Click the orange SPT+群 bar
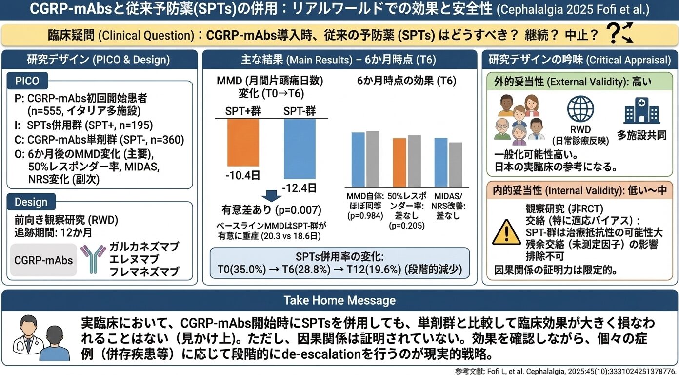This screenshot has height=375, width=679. click(x=243, y=142)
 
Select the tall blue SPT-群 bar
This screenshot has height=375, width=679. click(x=300, y=148)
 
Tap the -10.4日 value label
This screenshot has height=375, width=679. click(x=242, y=174)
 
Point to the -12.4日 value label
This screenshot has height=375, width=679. click(x=300, y=187)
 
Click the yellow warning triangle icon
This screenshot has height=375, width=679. click(x=506, y=232)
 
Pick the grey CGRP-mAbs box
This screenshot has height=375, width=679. click(x=43, y=260)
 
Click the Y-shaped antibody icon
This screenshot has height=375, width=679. click(x=93, y=259)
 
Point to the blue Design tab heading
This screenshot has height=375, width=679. click(x=32, y=202)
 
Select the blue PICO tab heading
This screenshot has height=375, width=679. click(x=27, y=81)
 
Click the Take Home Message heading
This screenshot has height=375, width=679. click(x=339, y=300)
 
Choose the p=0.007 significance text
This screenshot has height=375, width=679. click(x=271, y=210)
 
